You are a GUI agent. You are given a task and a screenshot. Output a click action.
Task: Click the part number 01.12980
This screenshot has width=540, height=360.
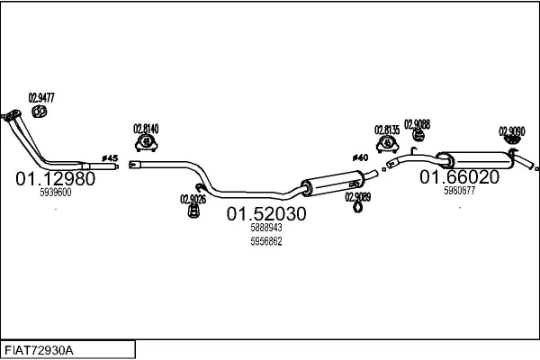(55, 179)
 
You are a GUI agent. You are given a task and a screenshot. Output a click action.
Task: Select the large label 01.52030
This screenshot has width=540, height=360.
(266, 214)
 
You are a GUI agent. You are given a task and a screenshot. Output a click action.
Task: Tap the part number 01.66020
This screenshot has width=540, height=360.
(459, 177)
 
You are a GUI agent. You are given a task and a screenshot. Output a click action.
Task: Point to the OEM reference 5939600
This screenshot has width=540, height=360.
(56, 193)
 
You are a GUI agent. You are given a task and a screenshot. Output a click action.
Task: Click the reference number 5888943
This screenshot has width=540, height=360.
(266, 228)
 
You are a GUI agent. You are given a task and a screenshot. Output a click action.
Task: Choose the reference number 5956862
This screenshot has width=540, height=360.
(266, 241)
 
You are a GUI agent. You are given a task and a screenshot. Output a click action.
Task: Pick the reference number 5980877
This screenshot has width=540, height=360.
(459, 191)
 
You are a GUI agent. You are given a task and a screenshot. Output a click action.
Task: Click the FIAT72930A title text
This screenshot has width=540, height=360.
(39, 351)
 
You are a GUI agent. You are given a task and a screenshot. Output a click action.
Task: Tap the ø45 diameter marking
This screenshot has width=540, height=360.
(110, 158)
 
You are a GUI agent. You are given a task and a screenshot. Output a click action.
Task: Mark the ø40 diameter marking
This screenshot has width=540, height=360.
(360, 157)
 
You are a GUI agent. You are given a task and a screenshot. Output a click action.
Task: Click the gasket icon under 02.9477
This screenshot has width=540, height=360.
(40, 112)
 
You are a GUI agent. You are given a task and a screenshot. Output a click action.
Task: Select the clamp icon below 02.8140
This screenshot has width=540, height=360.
(147, 143)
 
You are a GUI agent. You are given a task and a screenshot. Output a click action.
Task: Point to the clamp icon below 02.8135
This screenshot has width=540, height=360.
(387, 144)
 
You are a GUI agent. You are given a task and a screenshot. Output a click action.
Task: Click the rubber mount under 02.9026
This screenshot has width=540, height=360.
(193, 211)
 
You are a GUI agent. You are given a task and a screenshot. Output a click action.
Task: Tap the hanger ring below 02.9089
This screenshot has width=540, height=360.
(358, 207)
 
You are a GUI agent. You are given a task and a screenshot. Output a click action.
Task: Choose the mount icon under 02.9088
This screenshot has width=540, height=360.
(418, 135)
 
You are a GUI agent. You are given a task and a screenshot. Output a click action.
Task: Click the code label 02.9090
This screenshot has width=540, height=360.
(512, 131)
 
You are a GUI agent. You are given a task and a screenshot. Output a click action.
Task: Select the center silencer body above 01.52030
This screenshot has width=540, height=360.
(333, 184)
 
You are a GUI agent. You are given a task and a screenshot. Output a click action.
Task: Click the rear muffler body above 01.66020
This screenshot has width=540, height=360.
(476, 160)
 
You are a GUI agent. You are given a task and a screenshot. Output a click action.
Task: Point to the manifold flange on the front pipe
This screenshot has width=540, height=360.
(12, 115)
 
